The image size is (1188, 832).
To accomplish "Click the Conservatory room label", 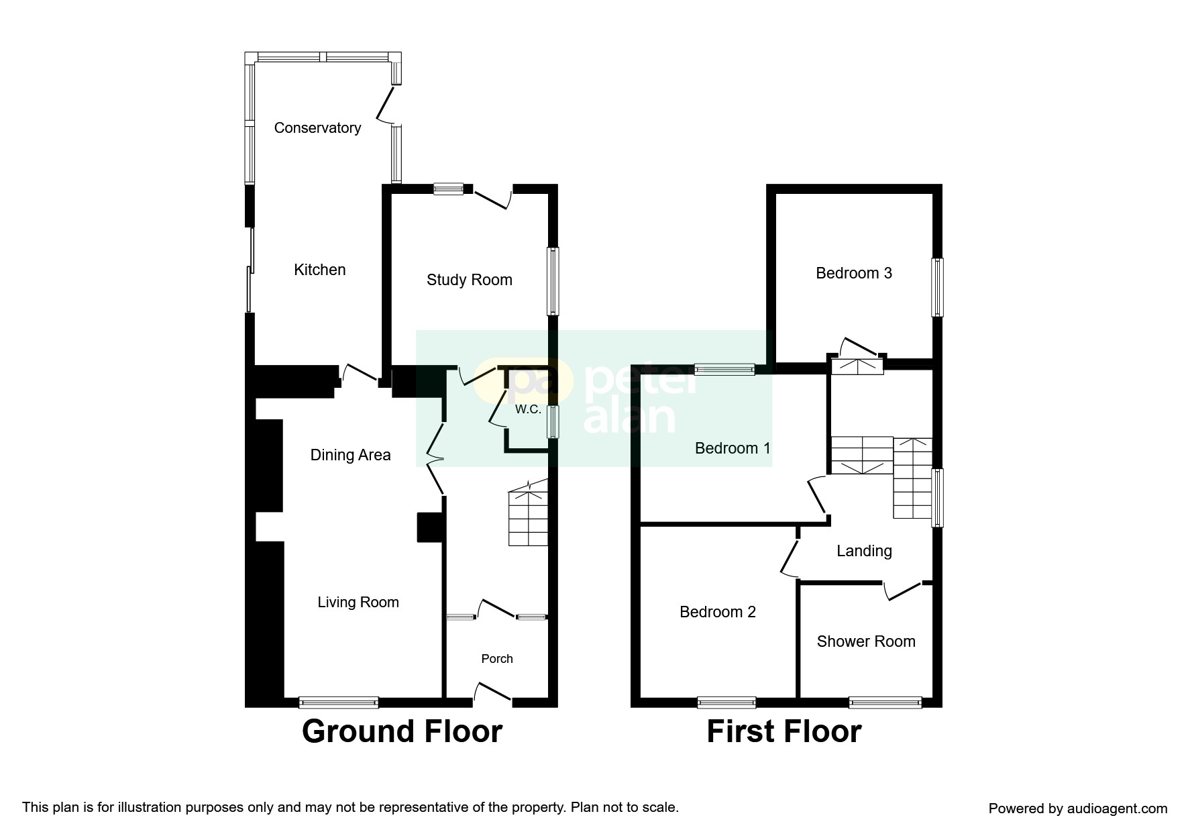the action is [x=317, y=128].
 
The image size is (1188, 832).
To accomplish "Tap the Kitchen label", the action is [x=320, y=270].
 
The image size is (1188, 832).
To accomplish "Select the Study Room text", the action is [x=470, y=280].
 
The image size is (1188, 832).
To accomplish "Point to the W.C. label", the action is [x=528, y=409].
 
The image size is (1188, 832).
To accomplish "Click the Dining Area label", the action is [x=350, y=455].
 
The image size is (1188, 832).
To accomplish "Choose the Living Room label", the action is [x=358, y=603].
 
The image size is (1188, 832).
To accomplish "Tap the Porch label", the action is [x=497, y=659].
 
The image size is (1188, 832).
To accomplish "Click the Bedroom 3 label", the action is [x=854, y=273].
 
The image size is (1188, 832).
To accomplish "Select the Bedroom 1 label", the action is [x=733, y=448].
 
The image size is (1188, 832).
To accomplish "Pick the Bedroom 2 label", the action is [x=718, y=612].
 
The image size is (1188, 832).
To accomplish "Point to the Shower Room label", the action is [x=866, y=641].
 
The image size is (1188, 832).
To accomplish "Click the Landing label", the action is [x=864, y=551].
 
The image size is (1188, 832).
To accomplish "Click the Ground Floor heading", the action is [x=402, y=731].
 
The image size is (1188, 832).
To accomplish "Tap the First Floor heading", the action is [x=784, y=731].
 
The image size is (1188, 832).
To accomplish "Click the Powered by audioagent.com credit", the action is [x=1078, y=809].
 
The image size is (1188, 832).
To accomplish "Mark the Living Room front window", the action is [x=339, y=703].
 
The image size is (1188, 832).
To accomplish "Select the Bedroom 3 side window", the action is [x=937, y=287].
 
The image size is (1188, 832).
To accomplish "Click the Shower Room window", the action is [x=885, y=703].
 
